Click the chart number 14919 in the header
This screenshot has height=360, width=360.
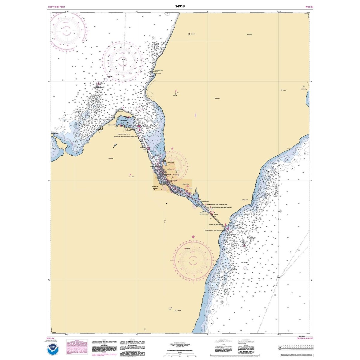pos(180,6)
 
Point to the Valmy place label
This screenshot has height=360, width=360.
pos(285,90)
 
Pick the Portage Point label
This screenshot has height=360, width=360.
pos(245,200)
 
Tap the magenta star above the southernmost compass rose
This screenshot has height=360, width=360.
pos(193,237)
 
